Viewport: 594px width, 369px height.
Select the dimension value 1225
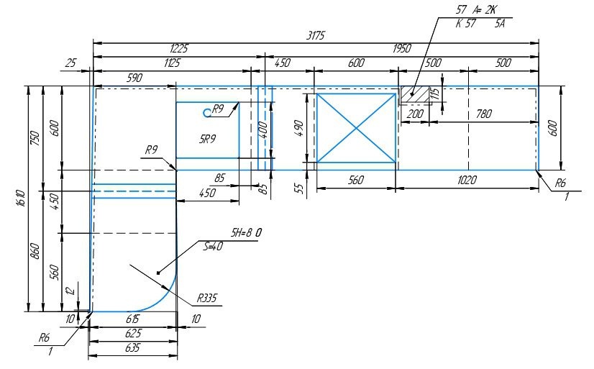point(179,48)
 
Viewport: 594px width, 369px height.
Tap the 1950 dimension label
point(401,48)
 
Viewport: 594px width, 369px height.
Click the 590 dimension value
point(134,78)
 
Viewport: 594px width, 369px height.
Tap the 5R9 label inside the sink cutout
point(208,137)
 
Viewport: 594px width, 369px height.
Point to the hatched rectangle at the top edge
point(414,94)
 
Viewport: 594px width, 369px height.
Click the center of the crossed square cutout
point(356,128)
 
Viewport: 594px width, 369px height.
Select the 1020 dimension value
point(467,180)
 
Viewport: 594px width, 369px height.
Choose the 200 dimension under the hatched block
point(415,114)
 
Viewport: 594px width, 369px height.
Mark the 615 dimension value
point(132,319)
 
